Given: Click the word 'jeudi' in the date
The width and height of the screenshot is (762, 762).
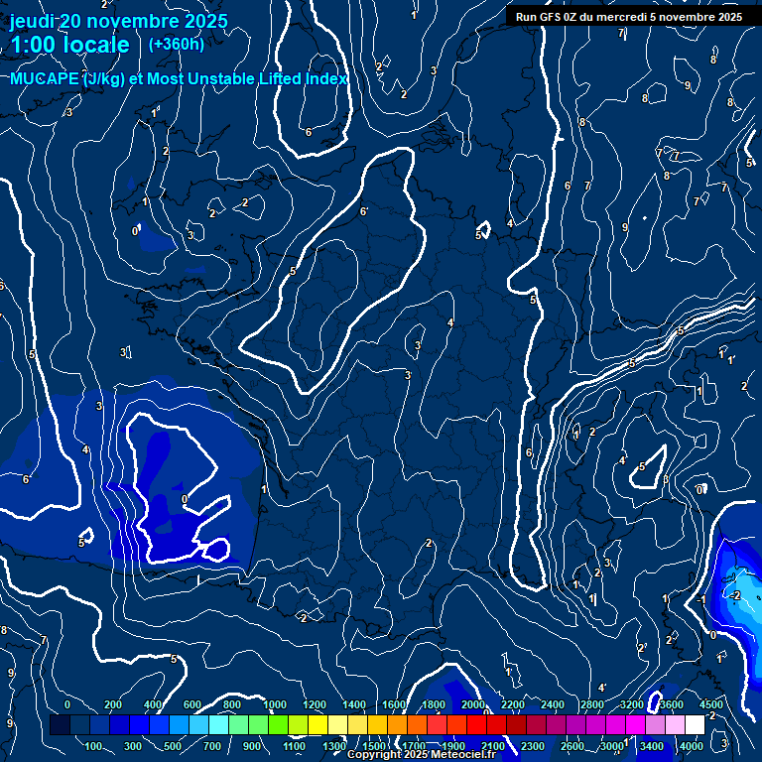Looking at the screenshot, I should click(33, 21).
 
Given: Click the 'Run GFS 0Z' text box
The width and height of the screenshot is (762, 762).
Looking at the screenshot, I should click(628, 17).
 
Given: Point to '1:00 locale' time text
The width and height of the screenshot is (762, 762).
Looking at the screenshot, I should click(69, 46).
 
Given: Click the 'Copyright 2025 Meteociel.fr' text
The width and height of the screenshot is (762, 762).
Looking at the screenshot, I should click(422, 755).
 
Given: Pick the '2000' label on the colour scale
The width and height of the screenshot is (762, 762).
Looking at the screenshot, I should click(473, 704).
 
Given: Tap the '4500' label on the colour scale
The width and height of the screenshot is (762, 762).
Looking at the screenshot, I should click(710, 704).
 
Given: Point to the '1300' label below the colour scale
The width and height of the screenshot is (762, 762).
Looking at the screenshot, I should click(334, 746).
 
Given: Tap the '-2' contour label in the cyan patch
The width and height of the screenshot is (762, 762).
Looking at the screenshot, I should click(734, 595).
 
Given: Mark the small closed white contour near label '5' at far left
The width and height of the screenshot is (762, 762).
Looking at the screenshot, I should click(87, 536).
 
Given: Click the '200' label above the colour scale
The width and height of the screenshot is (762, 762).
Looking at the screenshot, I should click(113, 704).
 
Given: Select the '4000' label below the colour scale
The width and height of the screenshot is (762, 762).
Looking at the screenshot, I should click(692, 746).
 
